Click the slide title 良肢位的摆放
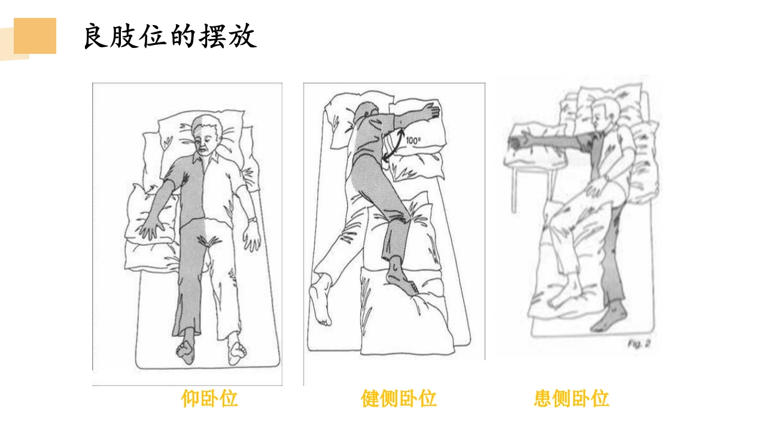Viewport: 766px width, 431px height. coord(170,37)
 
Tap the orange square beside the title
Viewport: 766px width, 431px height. coord(35,36)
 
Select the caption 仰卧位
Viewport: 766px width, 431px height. coord(209,398)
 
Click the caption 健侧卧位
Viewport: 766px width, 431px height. coord(399,398)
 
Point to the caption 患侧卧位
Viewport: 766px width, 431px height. coord(571,398)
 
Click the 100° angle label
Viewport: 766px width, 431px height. coord(414,141)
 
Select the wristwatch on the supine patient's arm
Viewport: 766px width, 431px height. coord(253,220)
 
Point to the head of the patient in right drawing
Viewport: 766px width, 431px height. coord(604,114)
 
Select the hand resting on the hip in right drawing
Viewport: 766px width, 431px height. coord(595,190)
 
